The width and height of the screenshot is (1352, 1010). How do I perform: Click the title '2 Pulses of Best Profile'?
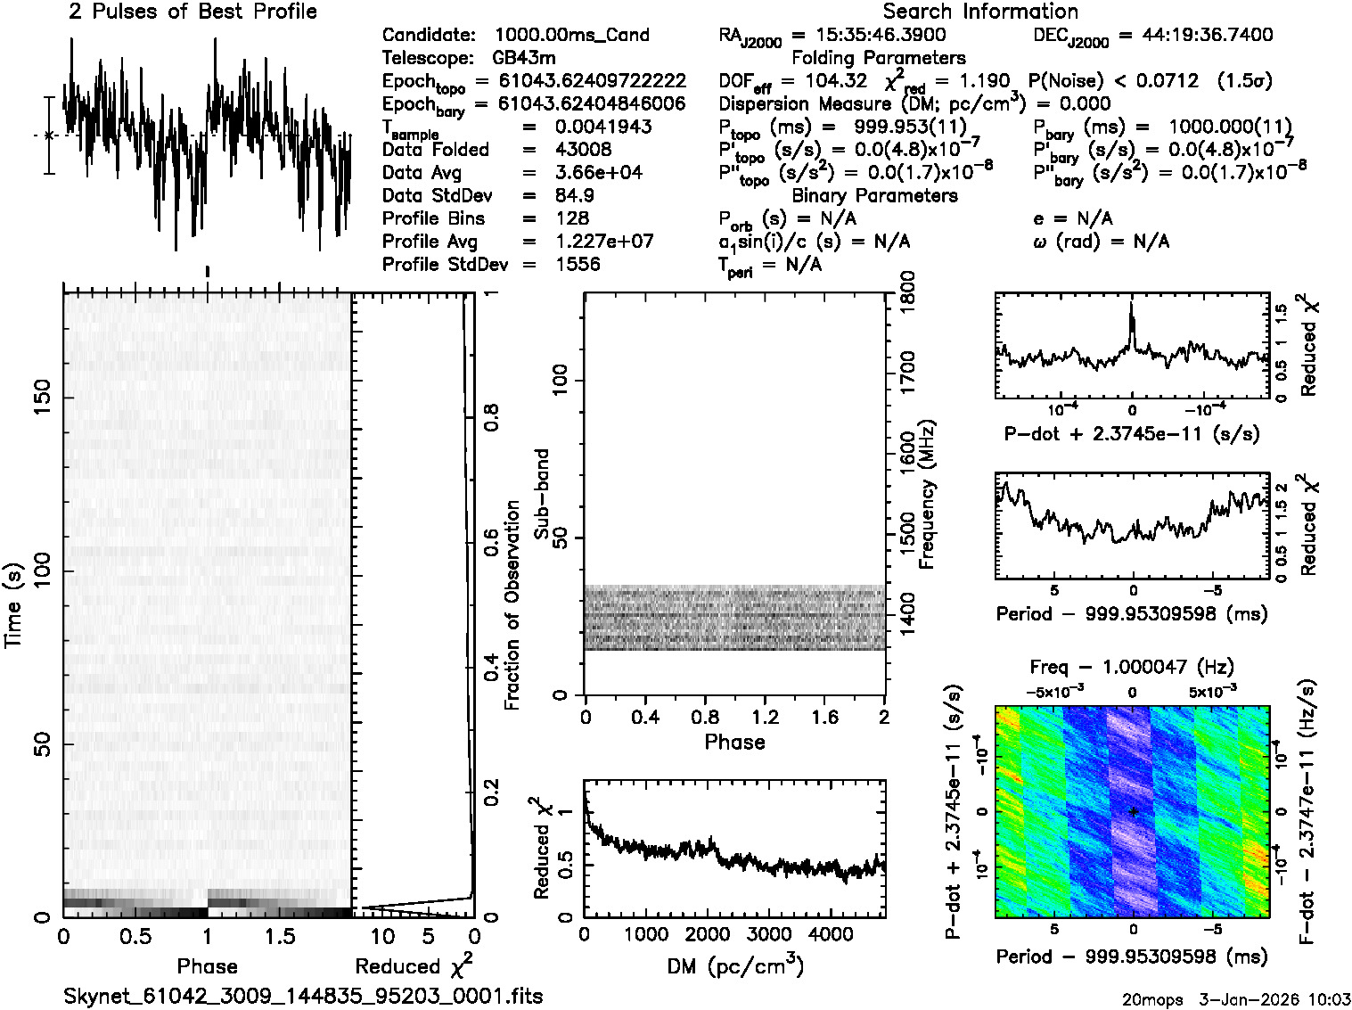click(193, 12)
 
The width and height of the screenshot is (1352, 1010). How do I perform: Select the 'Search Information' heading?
click(979, 12)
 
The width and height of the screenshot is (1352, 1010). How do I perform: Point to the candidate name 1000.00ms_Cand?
click(571, 35)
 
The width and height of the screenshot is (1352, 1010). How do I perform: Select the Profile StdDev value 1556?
click(578, 265)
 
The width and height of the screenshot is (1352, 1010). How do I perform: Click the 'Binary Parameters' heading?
click(874, 196)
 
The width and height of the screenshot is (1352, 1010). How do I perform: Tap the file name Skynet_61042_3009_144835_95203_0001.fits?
click(303, 996)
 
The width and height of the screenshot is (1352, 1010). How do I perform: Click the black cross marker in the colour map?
click(1133, 811)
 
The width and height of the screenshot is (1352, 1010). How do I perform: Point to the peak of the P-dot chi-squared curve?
click(1132, 304)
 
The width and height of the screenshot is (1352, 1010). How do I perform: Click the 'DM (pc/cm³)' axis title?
click(734, 966)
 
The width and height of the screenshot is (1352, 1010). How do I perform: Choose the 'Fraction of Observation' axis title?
click(512, 605)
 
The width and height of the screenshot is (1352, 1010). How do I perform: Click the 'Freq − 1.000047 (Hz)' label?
click(1132, 667)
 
